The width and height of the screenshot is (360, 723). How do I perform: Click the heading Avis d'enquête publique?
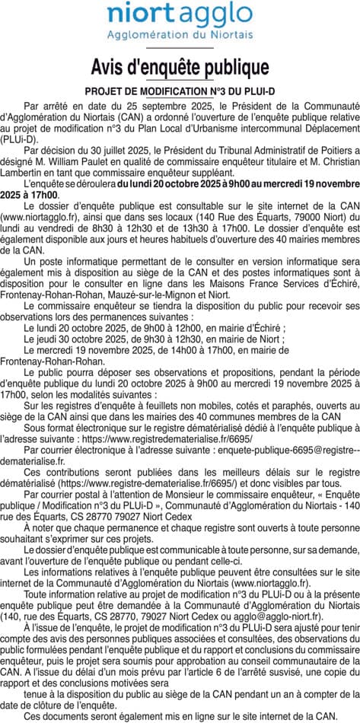[180, 68]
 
